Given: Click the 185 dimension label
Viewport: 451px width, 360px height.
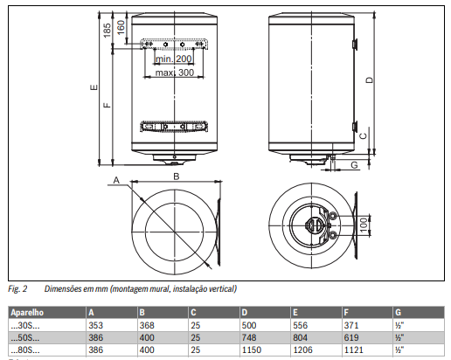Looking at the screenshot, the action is pos(108,31).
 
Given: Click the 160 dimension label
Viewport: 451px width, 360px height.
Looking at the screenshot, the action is pos(121,27).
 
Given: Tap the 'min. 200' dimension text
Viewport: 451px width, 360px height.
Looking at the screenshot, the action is pos(174,59).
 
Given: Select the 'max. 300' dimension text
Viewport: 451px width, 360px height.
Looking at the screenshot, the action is pos(175,73).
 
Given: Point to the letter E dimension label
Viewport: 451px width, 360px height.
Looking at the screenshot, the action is pos(94,87).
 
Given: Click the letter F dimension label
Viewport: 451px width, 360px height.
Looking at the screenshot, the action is pos(108,105).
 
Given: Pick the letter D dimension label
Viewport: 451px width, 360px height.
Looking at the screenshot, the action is pos(369,80).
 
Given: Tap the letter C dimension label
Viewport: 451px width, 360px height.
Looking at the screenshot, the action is pos(363,136).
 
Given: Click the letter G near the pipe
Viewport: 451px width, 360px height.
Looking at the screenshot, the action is pos(354,165).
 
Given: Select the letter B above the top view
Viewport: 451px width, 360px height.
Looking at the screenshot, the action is pos(177,177).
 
